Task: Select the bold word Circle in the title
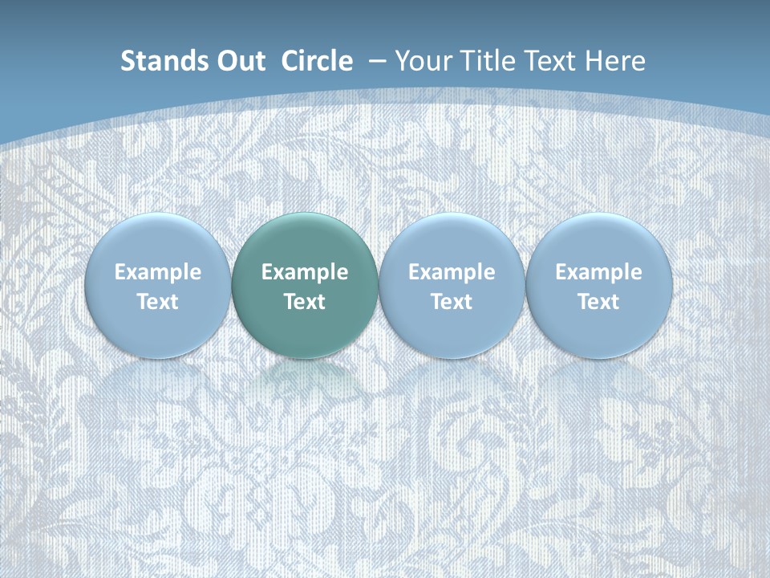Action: tap(317, 61)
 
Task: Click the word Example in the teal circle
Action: tap(305, 273)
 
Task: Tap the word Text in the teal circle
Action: tap(305, 303)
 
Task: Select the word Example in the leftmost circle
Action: tap(158, 273)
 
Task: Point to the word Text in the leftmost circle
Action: tap(158, 303)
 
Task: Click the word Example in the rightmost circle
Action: tap(598, 273)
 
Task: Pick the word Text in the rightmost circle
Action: tap(598, 303)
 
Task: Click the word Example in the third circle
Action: tap(452, 273)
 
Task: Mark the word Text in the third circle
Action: tap(452, 303)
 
